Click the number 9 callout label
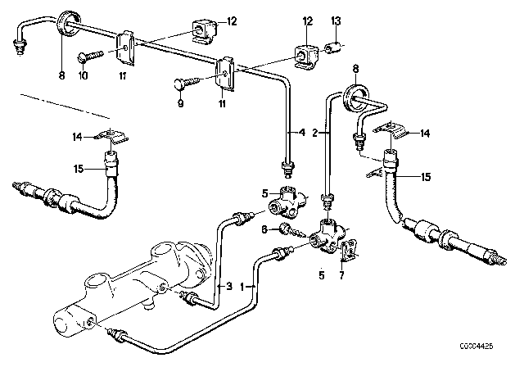click(181, 105)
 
